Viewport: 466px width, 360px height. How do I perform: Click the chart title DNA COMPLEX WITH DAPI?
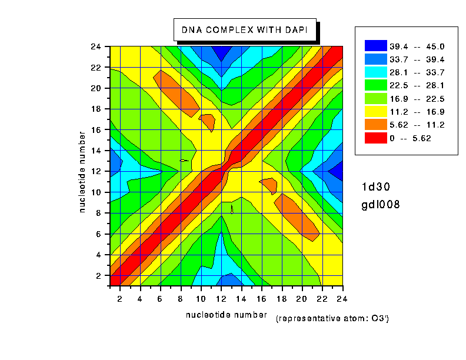[245, 29]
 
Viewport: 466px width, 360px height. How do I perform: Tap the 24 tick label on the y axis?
[95, 46]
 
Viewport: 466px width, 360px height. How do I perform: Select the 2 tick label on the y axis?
[98, 275]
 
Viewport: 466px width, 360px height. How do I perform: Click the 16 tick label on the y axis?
[95, 129]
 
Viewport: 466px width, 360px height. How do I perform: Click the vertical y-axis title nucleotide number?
[86, 172]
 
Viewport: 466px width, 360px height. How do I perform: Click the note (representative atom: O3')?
[332, 319]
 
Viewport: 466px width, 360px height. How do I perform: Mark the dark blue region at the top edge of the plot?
[221, 53]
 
